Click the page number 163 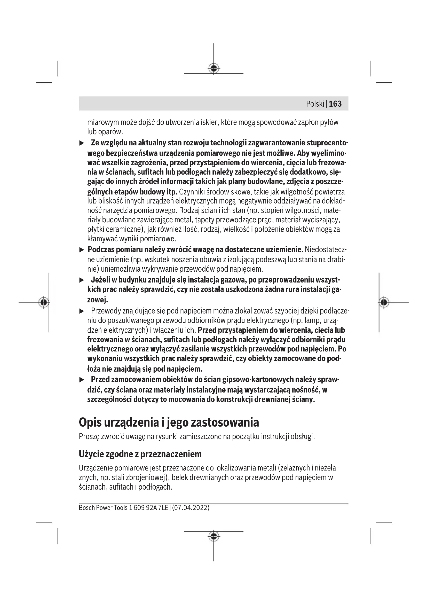pos(335,104)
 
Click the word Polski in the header pos(315,104)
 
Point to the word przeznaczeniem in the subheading pos(171,454)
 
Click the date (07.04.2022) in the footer pos(191,508)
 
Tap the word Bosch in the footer pos(87,508)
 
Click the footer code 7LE pos(163,508)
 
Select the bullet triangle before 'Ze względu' pos(82,143)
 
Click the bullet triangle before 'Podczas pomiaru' pos(82,250)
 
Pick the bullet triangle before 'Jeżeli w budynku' pos(82,280)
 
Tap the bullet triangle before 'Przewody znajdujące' pos(82,311)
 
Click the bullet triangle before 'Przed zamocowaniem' pos(82,380)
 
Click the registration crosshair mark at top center pos(213,68)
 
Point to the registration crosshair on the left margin pos(44,302)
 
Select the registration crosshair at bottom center pos(213,536)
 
